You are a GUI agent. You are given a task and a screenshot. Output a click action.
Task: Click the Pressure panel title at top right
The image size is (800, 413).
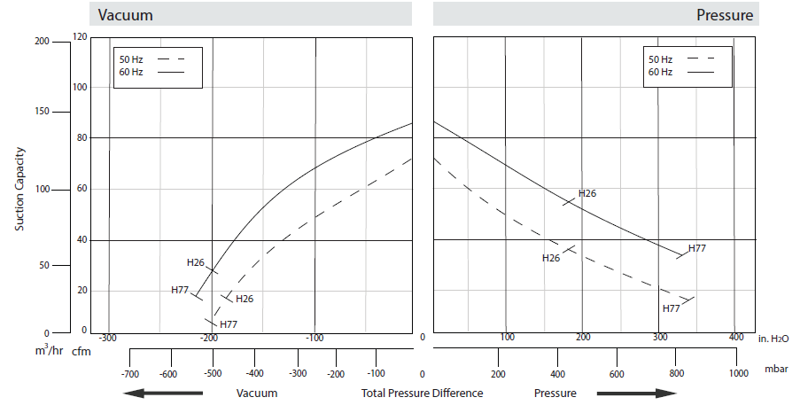725,15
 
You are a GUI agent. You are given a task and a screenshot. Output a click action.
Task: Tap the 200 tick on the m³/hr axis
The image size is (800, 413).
41,42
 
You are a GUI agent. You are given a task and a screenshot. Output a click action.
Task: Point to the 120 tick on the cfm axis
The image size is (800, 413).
81,36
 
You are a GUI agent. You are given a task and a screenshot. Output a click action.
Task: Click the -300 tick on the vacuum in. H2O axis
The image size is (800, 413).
107,339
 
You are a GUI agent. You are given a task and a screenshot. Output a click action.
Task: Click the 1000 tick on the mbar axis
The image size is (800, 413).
737,374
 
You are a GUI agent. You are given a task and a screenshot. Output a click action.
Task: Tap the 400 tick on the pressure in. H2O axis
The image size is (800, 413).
734,337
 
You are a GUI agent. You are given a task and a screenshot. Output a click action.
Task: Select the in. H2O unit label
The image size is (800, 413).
775,338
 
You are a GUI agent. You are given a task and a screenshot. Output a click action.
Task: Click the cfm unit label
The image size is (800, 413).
81,353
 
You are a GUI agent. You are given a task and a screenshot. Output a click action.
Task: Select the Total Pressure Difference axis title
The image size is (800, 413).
422,393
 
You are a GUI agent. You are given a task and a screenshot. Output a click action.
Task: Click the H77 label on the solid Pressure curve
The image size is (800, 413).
696,248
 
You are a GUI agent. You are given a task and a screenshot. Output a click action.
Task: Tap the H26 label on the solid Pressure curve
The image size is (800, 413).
587,193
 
